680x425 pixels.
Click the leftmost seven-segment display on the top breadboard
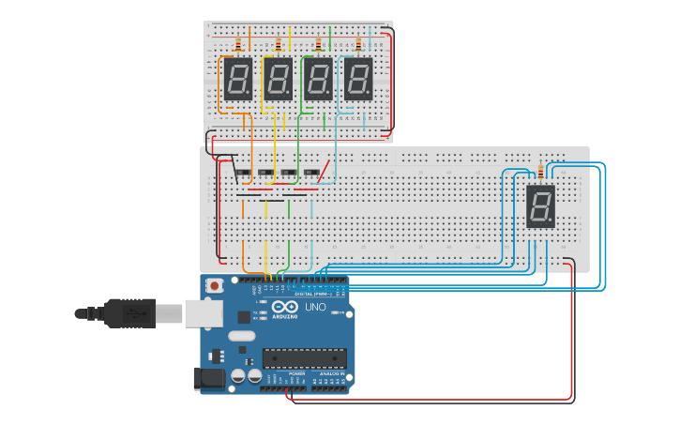238,80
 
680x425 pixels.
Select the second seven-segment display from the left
278,80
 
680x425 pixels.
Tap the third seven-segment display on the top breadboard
318,80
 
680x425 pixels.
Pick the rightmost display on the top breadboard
357,80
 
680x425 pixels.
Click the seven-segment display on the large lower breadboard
541,206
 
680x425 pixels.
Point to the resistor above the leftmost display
238,44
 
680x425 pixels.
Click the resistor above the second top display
279,44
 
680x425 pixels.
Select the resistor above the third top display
319,44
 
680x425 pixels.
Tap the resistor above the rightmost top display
358,44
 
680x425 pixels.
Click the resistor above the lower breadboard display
541,172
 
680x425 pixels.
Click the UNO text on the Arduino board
315,307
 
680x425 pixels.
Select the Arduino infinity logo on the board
285,308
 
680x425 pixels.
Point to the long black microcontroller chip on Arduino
305,357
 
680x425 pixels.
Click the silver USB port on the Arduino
203,313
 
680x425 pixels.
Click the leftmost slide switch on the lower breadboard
243,173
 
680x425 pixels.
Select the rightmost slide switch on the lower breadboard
312,173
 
